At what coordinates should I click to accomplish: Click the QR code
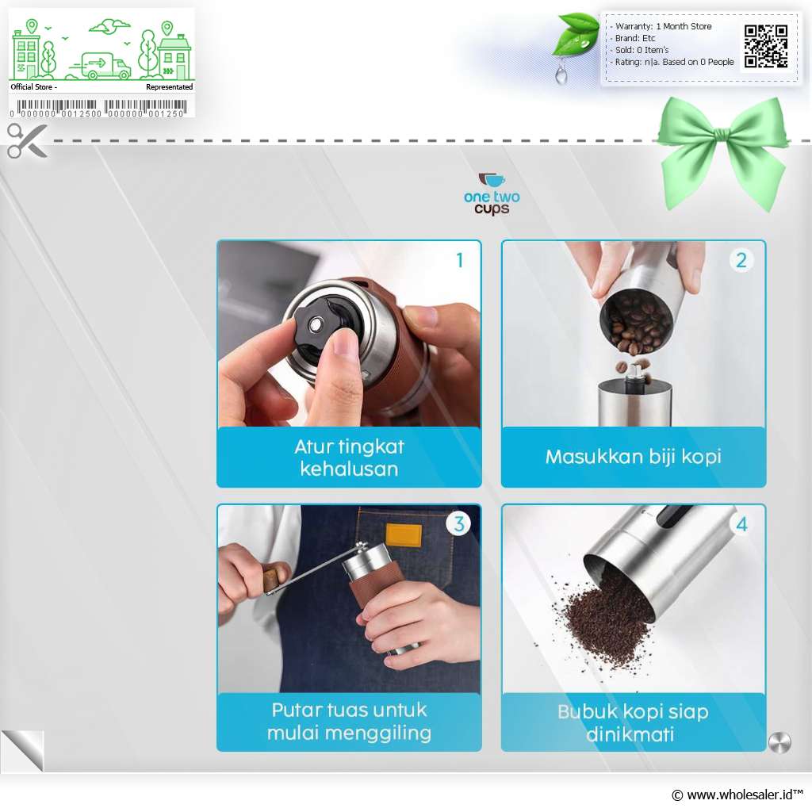tap(766, 46)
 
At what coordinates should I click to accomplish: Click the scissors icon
tap(26, 140)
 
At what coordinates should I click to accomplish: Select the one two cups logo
tap(492, 194)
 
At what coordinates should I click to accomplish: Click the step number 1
tap(459, 260)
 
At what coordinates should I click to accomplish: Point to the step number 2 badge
tap(741, 260)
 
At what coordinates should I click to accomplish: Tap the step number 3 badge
tap(459, 523)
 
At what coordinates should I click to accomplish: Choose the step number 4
tap(742, 525)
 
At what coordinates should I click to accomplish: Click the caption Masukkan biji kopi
tap(634, 456)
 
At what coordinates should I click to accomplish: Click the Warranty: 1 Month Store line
tap(663, 26)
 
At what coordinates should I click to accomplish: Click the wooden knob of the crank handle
tap(275, 577)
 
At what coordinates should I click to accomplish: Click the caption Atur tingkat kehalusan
tap(349, 458)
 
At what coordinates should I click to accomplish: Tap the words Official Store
tap(32, 86)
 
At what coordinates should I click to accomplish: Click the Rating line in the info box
tap(674, 62)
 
